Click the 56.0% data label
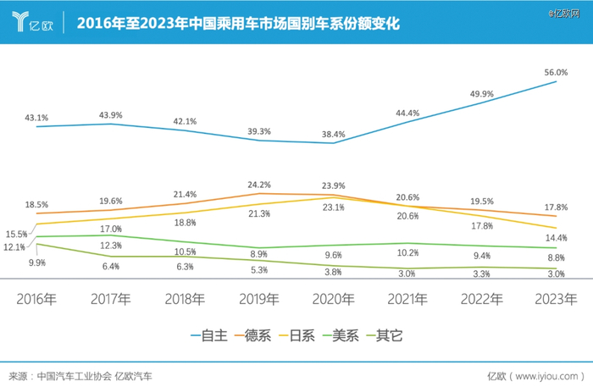[557, 73]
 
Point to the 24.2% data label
[259, 185]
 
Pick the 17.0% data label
[110, 229]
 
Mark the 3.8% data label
[334, 273]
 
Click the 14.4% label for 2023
[557, 238]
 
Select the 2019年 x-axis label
[259, 299]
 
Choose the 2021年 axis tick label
[407, 299]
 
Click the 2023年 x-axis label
[557, 299]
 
